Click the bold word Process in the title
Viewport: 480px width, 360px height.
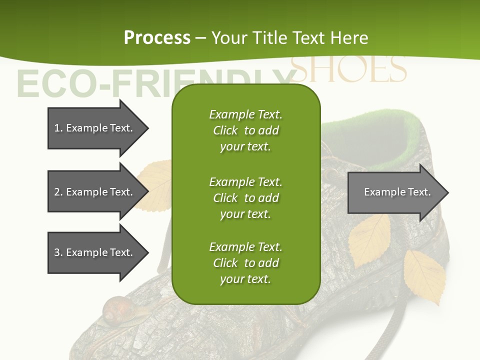tap(157, 38)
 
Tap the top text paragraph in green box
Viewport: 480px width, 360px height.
tap(245, 130)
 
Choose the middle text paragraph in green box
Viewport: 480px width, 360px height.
tap(245, 198)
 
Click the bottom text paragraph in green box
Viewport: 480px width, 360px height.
tap(245, 263)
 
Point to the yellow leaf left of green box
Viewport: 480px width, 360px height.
tap(155, 185)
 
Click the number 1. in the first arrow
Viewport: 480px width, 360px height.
tap(58, 128)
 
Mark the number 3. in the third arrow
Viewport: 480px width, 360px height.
tap(58, 252)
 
